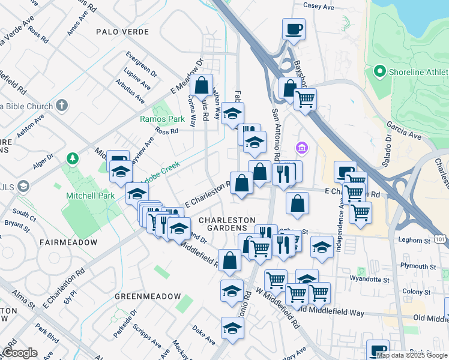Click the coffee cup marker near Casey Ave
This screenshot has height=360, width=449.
coord(294,29)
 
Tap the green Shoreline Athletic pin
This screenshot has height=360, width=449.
coord(379,72)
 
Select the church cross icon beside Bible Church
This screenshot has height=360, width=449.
coord(61,106)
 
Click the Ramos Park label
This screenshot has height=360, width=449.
coord(156,119)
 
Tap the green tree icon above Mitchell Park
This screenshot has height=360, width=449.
coord(73,158)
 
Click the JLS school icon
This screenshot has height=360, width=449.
coord(23,186)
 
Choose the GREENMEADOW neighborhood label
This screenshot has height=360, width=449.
coord(148,296)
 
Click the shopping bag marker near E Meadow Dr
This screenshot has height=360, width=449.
coord(202,86)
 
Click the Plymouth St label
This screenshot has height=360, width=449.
coord(418,266)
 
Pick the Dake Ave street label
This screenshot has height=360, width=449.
coord(203,335)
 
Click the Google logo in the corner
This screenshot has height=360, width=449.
coord(20,353)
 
